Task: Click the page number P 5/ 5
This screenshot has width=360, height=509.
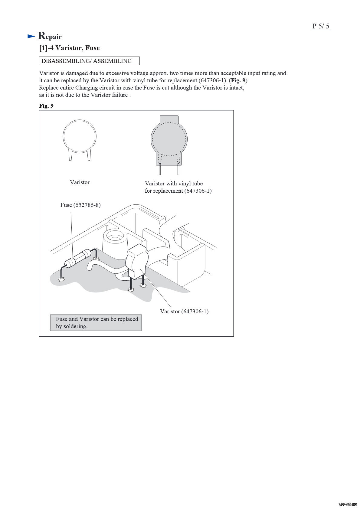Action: [x=321, y=26]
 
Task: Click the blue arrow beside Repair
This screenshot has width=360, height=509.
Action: [x=31, y=36]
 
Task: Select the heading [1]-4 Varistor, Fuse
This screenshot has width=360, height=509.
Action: [x=69, y=48]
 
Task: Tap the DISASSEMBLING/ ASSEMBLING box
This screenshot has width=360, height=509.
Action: [x=89, y=61]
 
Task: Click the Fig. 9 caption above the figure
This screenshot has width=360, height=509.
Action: [x=46, y=106]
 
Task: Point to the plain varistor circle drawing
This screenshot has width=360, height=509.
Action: [x=80, y=136]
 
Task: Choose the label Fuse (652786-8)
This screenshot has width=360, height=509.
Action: [x=80, y=205]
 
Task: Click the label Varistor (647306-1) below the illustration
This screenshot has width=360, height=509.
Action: [x=184, y=312]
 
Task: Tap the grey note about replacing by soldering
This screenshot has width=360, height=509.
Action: [x=96, y=323]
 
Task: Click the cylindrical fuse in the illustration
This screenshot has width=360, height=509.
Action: [x=78, y=258]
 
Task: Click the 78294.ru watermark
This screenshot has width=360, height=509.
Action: [x=348, y=504]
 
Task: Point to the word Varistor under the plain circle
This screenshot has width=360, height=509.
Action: [x=80, y=182]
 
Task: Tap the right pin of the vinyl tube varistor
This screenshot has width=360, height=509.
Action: [x=178, y=169]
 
